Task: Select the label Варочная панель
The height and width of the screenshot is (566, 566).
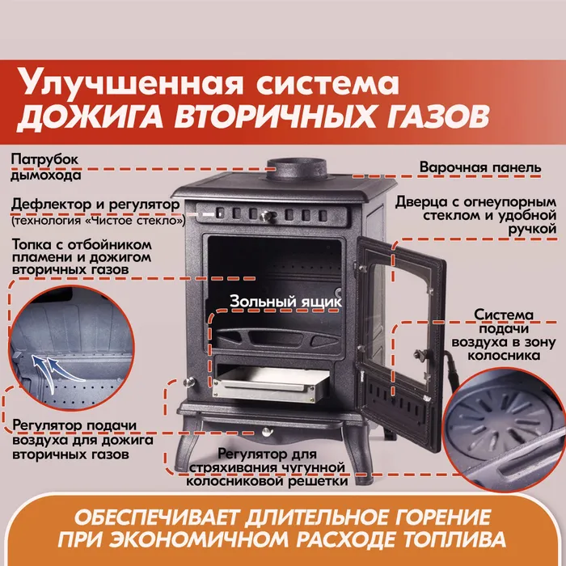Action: [x=479, y=168]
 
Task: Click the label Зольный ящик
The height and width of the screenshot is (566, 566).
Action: [x=285, y=301]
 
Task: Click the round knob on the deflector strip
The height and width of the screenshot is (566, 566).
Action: [x=263, y=215]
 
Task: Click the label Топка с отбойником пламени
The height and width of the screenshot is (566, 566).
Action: [x=78, y=256]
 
